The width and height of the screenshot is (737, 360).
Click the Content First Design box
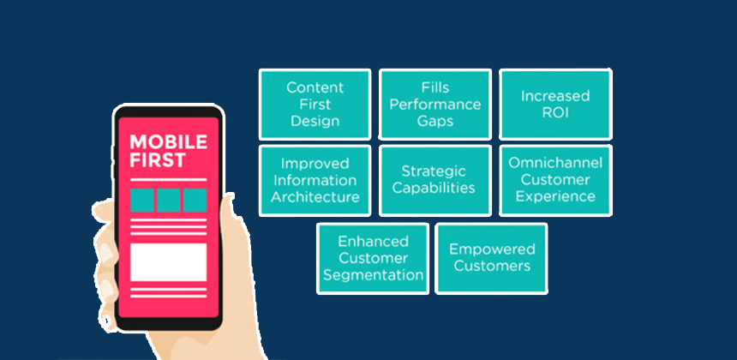click(315, 104)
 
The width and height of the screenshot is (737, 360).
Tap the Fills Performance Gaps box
click(434, 104)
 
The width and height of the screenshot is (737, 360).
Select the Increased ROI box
click(555, 104)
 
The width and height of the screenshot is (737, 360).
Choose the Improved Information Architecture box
click(315, 180)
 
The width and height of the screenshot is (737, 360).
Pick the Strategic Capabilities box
click(434, 180)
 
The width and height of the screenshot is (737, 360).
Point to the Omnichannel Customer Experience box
click(555, 180)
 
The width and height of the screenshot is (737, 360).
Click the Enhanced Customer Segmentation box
click(373, 258)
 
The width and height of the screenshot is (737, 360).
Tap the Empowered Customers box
click(492, 258)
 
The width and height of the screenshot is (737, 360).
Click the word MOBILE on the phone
click(168, 142)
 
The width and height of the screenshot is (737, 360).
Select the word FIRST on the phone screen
click(154, 160)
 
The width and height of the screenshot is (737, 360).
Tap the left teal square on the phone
click(142, 200)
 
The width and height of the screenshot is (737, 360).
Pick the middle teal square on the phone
click(168, 200)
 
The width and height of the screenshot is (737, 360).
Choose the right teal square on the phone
click(195, 200)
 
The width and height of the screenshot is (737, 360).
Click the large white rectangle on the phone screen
click(168, 262)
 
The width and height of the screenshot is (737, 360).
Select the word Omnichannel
click(555, 163)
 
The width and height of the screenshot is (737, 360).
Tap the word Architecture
click(315, 197)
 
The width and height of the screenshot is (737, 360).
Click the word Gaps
click(434, 121)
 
